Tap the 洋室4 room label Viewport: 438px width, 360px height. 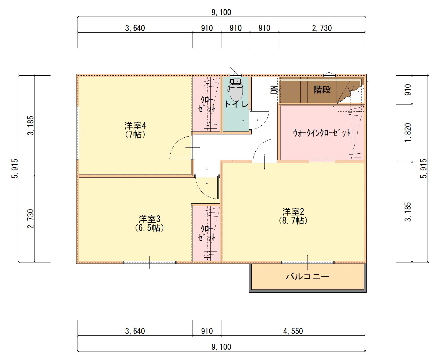point(135,130)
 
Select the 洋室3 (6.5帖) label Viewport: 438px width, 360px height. point(149,223)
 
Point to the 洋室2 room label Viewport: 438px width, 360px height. point(293,216)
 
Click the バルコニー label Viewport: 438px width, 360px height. point(308,276)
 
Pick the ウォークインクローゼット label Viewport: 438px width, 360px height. point(322,133)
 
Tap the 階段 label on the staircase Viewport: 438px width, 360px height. point(322,90)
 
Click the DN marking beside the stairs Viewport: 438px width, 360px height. point(274,90)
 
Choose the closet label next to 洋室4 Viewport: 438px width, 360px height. point(207,104)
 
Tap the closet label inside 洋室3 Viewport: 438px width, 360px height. point(207,233)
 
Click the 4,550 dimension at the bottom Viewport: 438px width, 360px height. point(293,331)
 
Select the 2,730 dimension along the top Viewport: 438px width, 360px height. point(322,28)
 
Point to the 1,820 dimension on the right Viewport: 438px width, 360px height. point(408,133)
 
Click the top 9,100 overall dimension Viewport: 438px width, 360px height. point(221,12)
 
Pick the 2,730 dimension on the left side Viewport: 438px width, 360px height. point(31,219)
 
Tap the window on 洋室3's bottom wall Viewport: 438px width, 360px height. point(149,262)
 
